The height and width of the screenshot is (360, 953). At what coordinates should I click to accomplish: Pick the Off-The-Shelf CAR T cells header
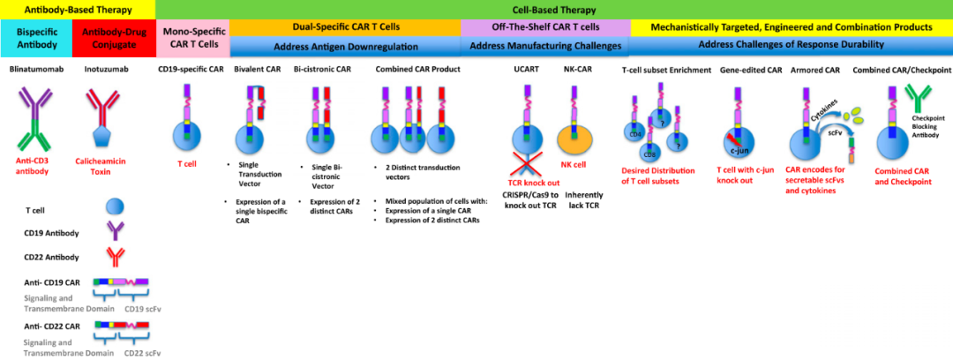click(x=545, y=27)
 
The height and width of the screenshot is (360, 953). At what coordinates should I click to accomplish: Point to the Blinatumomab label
click(x=35, y=69)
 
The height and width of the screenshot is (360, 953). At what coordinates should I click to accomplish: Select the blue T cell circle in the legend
click(x=115, y=206)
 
